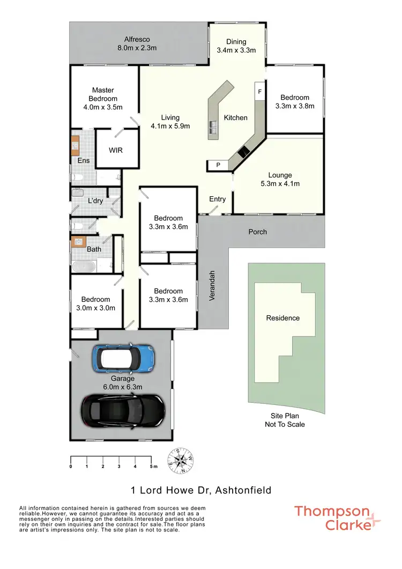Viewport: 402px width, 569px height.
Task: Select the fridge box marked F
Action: [260, 92]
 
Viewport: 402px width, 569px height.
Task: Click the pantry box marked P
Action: [218, 165]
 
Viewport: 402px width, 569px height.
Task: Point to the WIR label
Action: [116, 150]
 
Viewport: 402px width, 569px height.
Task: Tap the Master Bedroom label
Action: [103, 99]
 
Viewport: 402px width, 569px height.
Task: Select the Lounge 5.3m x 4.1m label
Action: [280, 180]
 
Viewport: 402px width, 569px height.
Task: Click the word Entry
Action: [218, 199]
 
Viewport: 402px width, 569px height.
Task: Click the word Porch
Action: [257, 232]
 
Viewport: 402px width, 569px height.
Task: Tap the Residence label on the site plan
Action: [283, 318]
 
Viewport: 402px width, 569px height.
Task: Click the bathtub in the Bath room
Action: [84, 266]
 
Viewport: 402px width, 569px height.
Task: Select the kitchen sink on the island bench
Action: [213, 127]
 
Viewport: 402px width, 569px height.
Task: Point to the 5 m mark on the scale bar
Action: [152, 467]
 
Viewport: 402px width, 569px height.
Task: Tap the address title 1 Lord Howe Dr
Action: [201, 490]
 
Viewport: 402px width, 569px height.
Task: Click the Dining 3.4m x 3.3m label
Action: [236, 46]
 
